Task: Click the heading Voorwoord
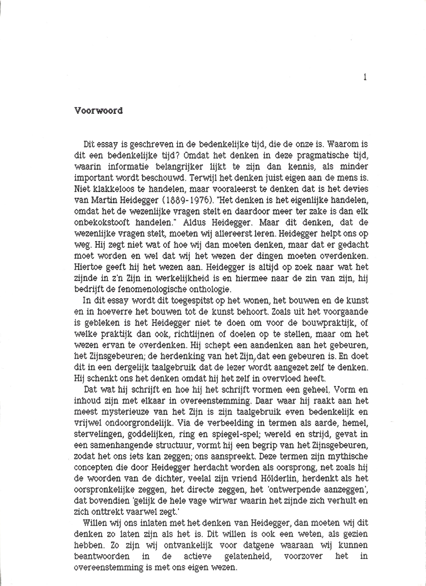click(98, 111)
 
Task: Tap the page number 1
click(365, 77)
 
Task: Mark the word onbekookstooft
click(102, 223)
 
